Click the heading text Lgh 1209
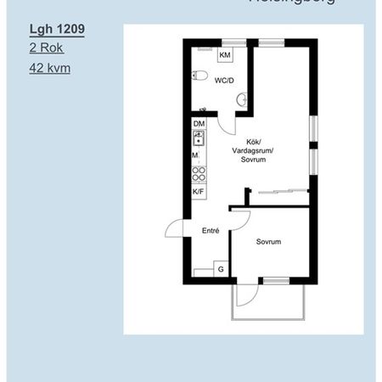pos(56,29)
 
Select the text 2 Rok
pos(47,48)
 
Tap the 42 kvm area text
pos(50,68)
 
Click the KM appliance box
pos(225,56)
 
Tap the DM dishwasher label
pos(199,125)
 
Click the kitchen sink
pos(199,138)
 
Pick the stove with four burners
pos(199,174)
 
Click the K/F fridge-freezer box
pos(199,193)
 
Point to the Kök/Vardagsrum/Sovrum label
pos(253,150)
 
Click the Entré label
pos(211,230)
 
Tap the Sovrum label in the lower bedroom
pos(268,242)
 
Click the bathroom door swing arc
pos(226,125)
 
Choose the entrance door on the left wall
pos(174,228)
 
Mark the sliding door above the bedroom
pos(280,191)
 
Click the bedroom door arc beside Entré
pos(239,219)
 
